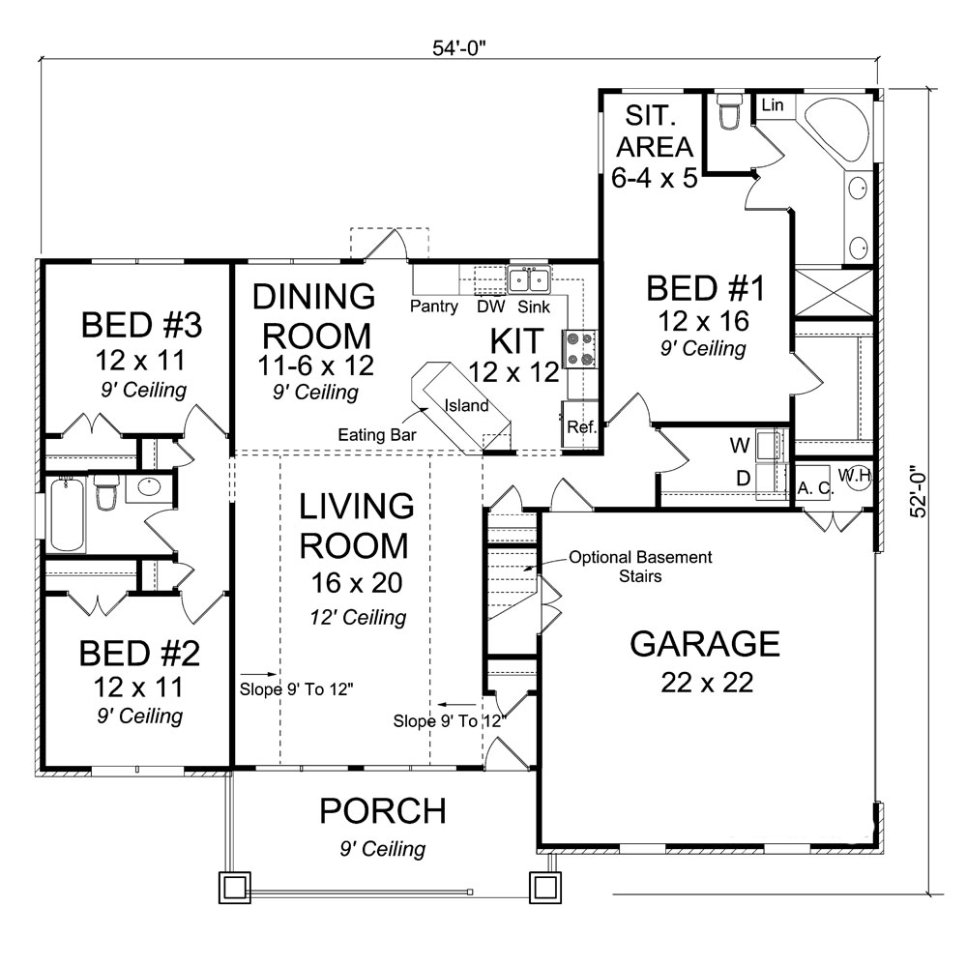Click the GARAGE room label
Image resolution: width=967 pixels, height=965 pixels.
click(705, 643)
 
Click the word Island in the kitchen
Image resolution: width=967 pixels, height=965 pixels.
click(466, 405)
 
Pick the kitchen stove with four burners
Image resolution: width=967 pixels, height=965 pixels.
click(577, 350)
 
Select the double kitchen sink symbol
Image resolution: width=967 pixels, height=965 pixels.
click(529, 280)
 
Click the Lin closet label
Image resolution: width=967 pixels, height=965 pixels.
click(772, 104)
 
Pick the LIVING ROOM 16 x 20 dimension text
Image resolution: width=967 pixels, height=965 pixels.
click(353, 583)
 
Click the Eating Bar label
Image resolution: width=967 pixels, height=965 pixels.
click(377, 436)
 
